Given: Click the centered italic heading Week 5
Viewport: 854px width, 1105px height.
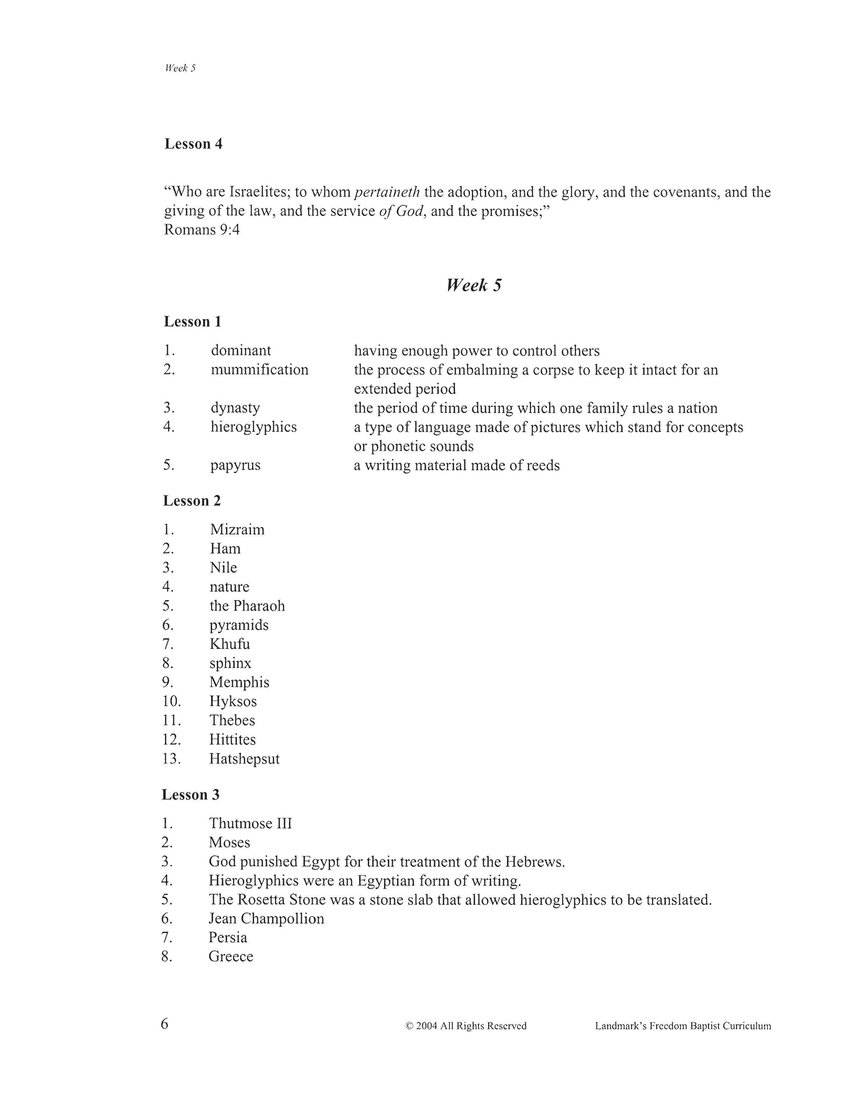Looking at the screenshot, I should click(474, 285).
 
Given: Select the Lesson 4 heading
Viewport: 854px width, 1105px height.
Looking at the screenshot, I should click(193, 144).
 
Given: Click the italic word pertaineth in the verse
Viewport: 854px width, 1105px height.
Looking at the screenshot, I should click(387, 192).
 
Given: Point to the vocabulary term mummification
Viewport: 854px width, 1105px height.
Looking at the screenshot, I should click(259, 370).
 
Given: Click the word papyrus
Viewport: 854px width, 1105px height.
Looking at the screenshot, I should click(235, 465).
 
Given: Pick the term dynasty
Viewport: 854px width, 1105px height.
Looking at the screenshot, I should click(235, 408).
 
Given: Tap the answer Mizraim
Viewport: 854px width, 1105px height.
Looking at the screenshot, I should click(237, 529).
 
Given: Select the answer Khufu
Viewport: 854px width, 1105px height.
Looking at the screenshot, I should click(230, 644).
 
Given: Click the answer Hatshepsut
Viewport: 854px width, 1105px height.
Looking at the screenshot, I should click(244, 758).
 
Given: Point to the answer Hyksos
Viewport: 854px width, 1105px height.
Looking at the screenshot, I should click(233, 701).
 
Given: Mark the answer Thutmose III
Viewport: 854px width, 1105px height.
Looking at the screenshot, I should click(251, 823).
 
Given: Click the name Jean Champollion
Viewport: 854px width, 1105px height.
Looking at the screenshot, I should click(266, 918).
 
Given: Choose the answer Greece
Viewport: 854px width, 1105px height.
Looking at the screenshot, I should click(231, 956).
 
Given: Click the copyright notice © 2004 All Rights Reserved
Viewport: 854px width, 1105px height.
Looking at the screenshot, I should click(466, 1026).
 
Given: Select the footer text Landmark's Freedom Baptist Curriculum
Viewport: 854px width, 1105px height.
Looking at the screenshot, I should click(683, 1026).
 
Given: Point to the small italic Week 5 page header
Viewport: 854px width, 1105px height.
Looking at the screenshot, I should click(180, 68).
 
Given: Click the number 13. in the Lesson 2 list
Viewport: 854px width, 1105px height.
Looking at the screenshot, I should click(172, 758).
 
